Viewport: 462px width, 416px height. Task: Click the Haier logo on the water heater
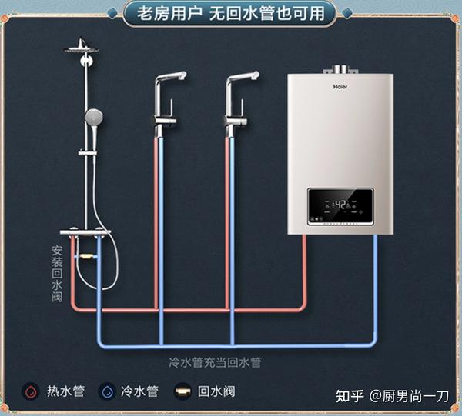pos(340,86)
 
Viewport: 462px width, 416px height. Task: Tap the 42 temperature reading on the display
pos(341,205)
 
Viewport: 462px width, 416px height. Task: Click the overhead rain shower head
pos(82,48)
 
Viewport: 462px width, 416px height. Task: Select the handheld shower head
pos(94,117)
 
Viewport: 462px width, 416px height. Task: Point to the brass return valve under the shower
pos(85,257)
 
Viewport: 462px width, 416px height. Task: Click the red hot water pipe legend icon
pos(31,391)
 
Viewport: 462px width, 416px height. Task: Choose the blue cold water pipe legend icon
pos(107,391)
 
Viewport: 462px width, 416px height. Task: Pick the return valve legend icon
pos(182,391)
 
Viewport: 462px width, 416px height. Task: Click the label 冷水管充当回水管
pos(215,362)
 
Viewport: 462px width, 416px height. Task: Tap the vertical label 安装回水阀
pos(57,274)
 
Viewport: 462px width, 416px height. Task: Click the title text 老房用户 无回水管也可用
pos(231,14)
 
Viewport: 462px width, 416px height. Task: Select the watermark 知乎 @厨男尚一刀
pos(392,396)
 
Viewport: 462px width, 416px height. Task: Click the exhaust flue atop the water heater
pos(340,69)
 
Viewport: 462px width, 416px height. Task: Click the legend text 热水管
pos(65,391)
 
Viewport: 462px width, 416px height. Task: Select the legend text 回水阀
pos(216,391)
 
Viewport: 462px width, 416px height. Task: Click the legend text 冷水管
pos(139,391)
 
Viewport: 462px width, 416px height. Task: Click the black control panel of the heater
pos(341,207)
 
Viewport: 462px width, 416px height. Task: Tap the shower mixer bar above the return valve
pos(85,232)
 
